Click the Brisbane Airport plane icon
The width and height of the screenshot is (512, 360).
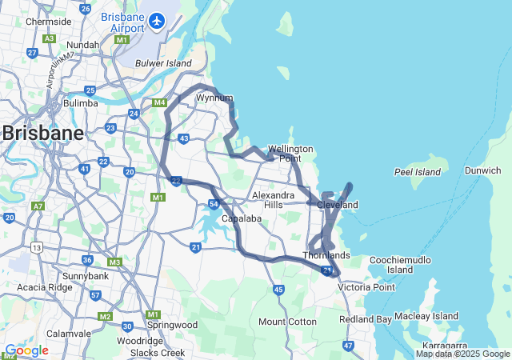pos(158,19)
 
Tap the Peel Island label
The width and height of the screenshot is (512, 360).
pos(417,172)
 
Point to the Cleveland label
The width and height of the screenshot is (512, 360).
pos(338,205)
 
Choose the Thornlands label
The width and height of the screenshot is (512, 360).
pos(326,255)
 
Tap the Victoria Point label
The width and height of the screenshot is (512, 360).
pos(366,286)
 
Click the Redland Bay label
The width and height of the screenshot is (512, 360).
pos(366,319)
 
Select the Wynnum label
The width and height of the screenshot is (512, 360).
pos(214,98)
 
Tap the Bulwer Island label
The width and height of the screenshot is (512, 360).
pos(163,63)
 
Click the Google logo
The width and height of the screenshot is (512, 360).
pos(26,350)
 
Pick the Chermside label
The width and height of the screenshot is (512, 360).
pos(48,22)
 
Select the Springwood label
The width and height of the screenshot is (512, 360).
pos(173,326)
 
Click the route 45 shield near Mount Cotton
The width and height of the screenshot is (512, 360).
pos(278,290)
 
